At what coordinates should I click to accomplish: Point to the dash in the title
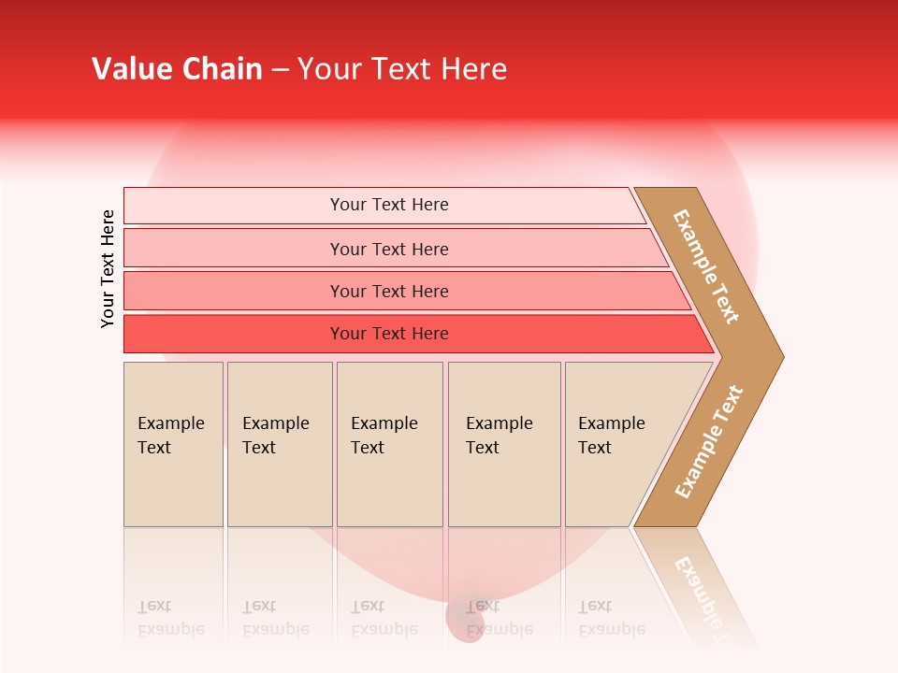click(280, 70)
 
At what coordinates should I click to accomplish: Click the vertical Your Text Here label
click(108, 269)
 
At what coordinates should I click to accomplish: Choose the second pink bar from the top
click(388, 249)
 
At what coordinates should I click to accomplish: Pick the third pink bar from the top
click(388, 291)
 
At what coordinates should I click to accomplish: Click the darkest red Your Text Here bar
click(388, 334)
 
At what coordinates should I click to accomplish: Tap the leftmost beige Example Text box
click(173, 444)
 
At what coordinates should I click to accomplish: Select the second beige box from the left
click(279, 444)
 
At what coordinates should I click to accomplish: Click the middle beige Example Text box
click(389, 444)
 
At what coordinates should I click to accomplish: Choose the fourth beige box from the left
click(504, 444)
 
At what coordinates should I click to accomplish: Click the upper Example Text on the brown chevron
click(706, 266)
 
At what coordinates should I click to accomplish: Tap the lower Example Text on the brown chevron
click(708, 442)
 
